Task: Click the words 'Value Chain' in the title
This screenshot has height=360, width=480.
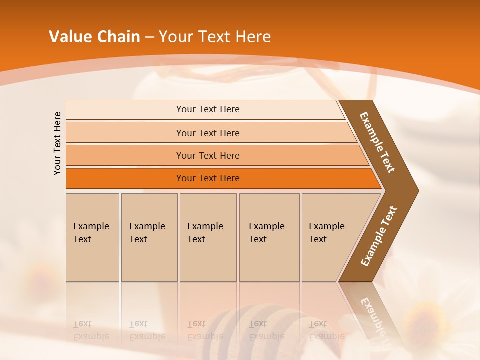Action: pos(94,37)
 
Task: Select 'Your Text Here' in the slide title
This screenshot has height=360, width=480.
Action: pos(215,37)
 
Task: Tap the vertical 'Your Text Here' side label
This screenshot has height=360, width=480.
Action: pos(57,143)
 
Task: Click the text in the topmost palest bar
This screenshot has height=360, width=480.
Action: pos(208,109)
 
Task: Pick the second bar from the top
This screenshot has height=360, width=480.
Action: pos(208,133)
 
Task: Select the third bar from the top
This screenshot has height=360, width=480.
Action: pos(208,155)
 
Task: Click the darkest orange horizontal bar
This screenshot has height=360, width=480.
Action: pos(208,178)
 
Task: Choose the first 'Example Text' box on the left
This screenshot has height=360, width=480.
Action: pos(92,237)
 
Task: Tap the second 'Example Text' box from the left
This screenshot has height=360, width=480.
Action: pos(149,237)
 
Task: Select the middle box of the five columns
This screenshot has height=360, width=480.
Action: pos(208,237)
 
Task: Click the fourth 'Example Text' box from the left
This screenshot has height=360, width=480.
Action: pos(269,237)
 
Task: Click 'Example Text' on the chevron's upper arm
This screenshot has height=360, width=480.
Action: pos(377,142)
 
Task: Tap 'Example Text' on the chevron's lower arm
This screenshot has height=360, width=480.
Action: pos(379,236)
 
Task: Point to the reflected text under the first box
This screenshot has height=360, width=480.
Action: pos(91,330)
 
